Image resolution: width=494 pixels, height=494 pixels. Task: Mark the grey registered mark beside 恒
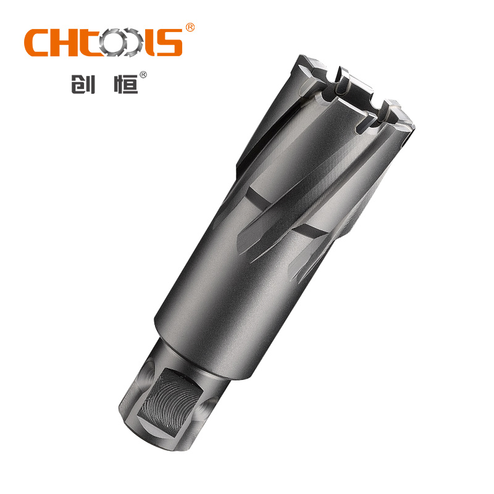[x=143, y=75]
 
